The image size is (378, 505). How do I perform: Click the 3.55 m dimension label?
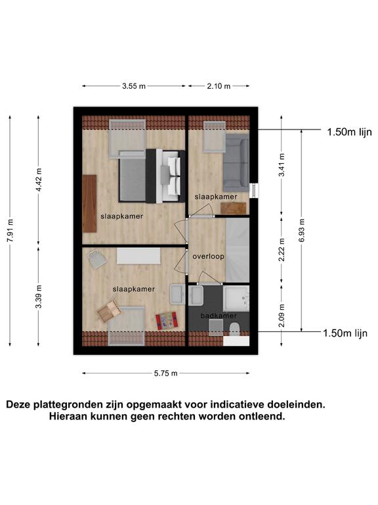(134, 86)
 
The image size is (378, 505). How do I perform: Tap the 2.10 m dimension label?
(219, 86)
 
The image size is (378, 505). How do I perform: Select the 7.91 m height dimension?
(10, 231)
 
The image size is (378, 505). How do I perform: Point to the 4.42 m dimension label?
(39, 180)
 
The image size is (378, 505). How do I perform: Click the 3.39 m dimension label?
(39, 297)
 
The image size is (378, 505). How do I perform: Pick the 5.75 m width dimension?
(165, 373)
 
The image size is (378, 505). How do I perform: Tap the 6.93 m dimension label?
(301, 231)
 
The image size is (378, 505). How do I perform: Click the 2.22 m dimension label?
(282, 250)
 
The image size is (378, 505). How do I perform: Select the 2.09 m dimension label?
(282, 316)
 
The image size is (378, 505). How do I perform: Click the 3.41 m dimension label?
(282, 165)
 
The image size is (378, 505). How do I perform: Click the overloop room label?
(208, 256)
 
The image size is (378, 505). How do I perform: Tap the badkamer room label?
(219, 316)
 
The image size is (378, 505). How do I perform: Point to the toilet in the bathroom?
(235, 329)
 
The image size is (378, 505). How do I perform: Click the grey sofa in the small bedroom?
(236, 162)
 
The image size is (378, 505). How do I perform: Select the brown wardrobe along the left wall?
(89, 204)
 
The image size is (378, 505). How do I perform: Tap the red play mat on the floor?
(167, 321)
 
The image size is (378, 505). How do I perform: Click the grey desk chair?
(96, 259)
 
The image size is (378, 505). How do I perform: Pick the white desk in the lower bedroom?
(138, 256)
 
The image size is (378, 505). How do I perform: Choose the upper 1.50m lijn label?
(349, 132)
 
